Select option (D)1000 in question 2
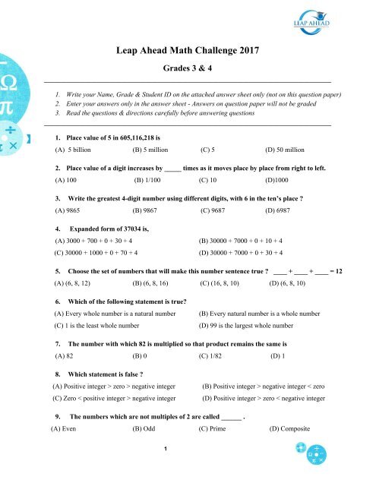point(278,181)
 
